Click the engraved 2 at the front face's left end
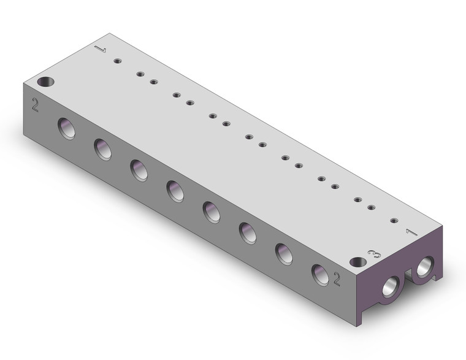pos(35,105)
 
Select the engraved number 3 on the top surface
pos(370,253)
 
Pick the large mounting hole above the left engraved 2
pos(45,82)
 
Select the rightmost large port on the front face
pos(319,273)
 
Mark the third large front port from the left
pos(139,170)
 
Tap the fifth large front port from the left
pos(212,212)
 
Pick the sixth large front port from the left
pos(248,232)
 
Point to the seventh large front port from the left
pos(284,253)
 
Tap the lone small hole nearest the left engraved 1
pos(116,60)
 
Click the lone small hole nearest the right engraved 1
pos(394,220)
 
